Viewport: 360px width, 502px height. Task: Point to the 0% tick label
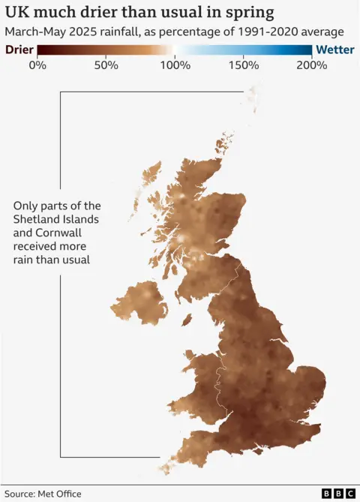(x=37, y=65)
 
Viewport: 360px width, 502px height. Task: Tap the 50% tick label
(x=106, y=65)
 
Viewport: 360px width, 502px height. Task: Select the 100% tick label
(x=175, y=65)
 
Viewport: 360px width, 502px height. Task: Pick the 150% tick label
(x=244, y=65)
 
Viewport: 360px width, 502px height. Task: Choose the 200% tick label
(x=312, y=65)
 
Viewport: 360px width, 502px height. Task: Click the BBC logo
(x=338, y=493)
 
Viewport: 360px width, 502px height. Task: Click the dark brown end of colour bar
(x=42, y=50)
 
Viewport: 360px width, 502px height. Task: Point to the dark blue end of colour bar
(x=307, y=50)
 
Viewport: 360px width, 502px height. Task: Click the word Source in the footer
(x=20, y=494)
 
